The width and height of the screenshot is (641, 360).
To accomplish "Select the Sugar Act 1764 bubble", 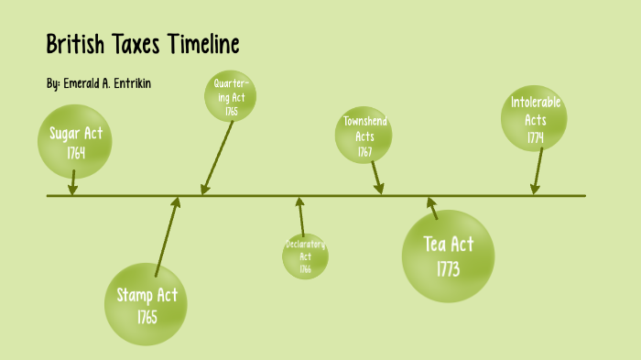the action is (76, 143).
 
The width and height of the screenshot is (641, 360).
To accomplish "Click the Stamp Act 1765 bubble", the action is (147, 305).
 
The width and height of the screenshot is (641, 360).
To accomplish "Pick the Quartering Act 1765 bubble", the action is (230, 96).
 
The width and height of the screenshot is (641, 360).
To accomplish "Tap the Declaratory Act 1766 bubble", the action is (305, 256).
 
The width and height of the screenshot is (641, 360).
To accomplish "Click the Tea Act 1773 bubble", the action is (449, 256).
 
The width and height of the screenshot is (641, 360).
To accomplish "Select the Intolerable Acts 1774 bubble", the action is (536, 121).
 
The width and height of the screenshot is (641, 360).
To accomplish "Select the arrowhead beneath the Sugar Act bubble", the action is (72, 188).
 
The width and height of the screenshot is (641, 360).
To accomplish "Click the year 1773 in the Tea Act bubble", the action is (448, 269).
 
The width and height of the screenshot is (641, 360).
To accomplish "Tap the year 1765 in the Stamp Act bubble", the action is (147, 317).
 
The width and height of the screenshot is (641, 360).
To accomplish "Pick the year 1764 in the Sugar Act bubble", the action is (76, 152).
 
